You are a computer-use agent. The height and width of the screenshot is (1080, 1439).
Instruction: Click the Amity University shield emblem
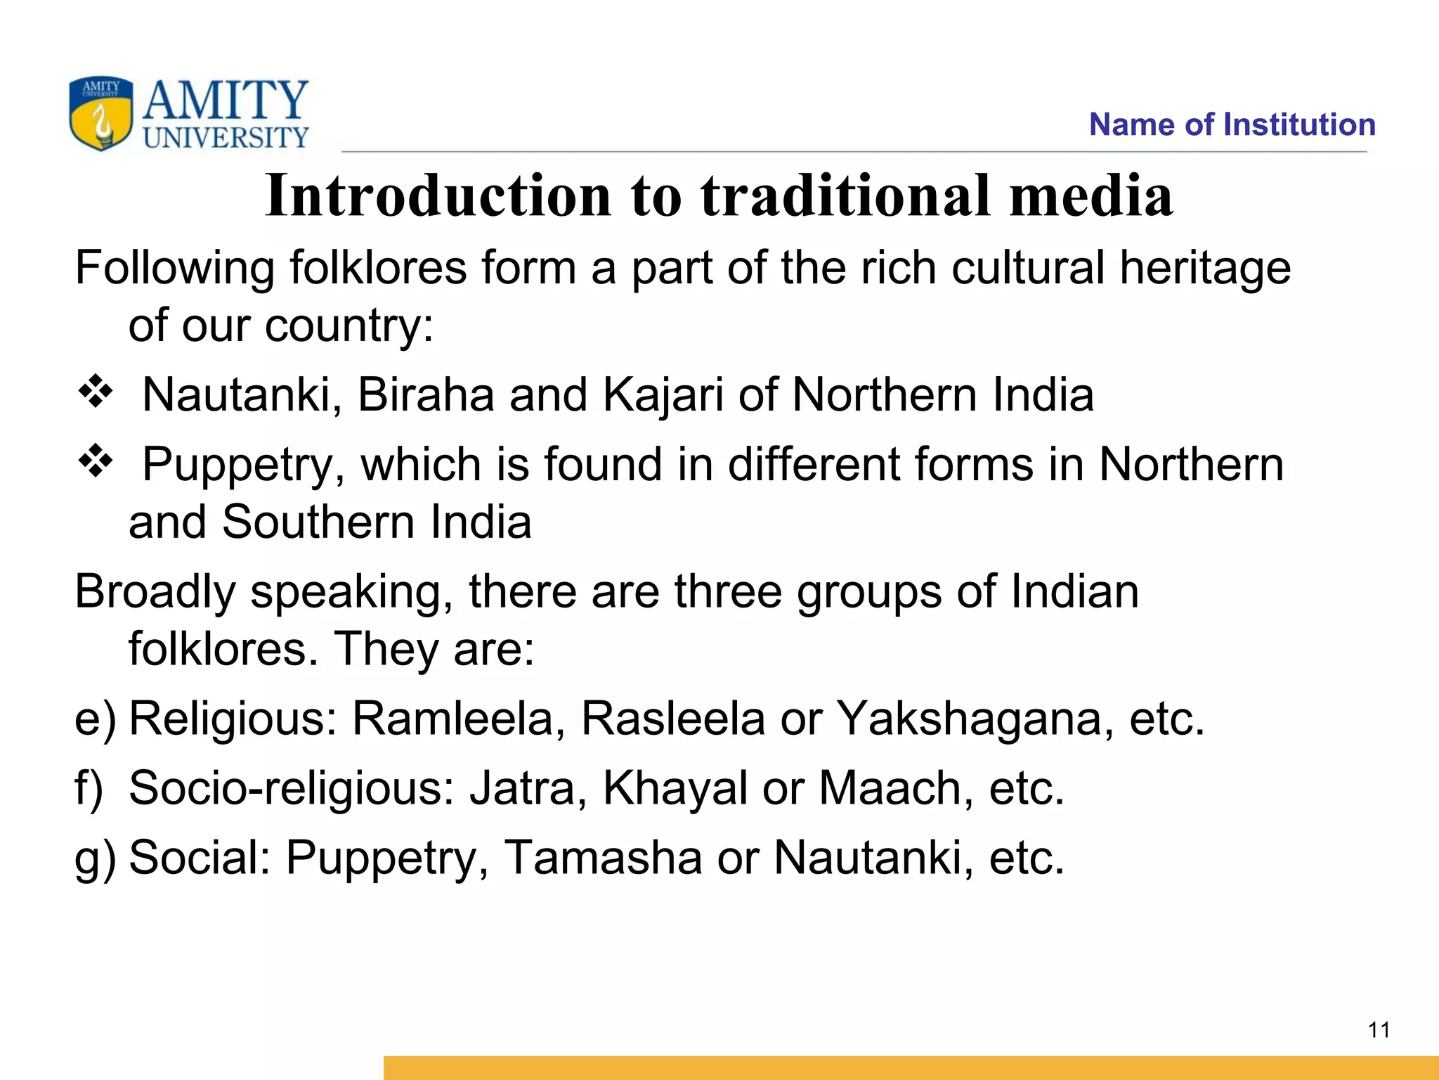[x=100, y=112]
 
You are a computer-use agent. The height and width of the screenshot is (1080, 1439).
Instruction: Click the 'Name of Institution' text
[x=1232, y=124]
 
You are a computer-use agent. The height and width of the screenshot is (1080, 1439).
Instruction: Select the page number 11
[x=1379, y=1030]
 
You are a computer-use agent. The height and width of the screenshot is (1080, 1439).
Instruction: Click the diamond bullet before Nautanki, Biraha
[x=96, y=392]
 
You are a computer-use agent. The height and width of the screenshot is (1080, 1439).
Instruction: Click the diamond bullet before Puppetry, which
[x=96, y=463]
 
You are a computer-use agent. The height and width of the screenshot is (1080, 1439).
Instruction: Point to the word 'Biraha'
[x=426, y=394]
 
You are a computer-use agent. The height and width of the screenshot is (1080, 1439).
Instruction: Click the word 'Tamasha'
[x=603, y=857]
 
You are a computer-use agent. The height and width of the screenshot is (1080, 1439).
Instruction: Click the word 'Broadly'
[x=155, y=592]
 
